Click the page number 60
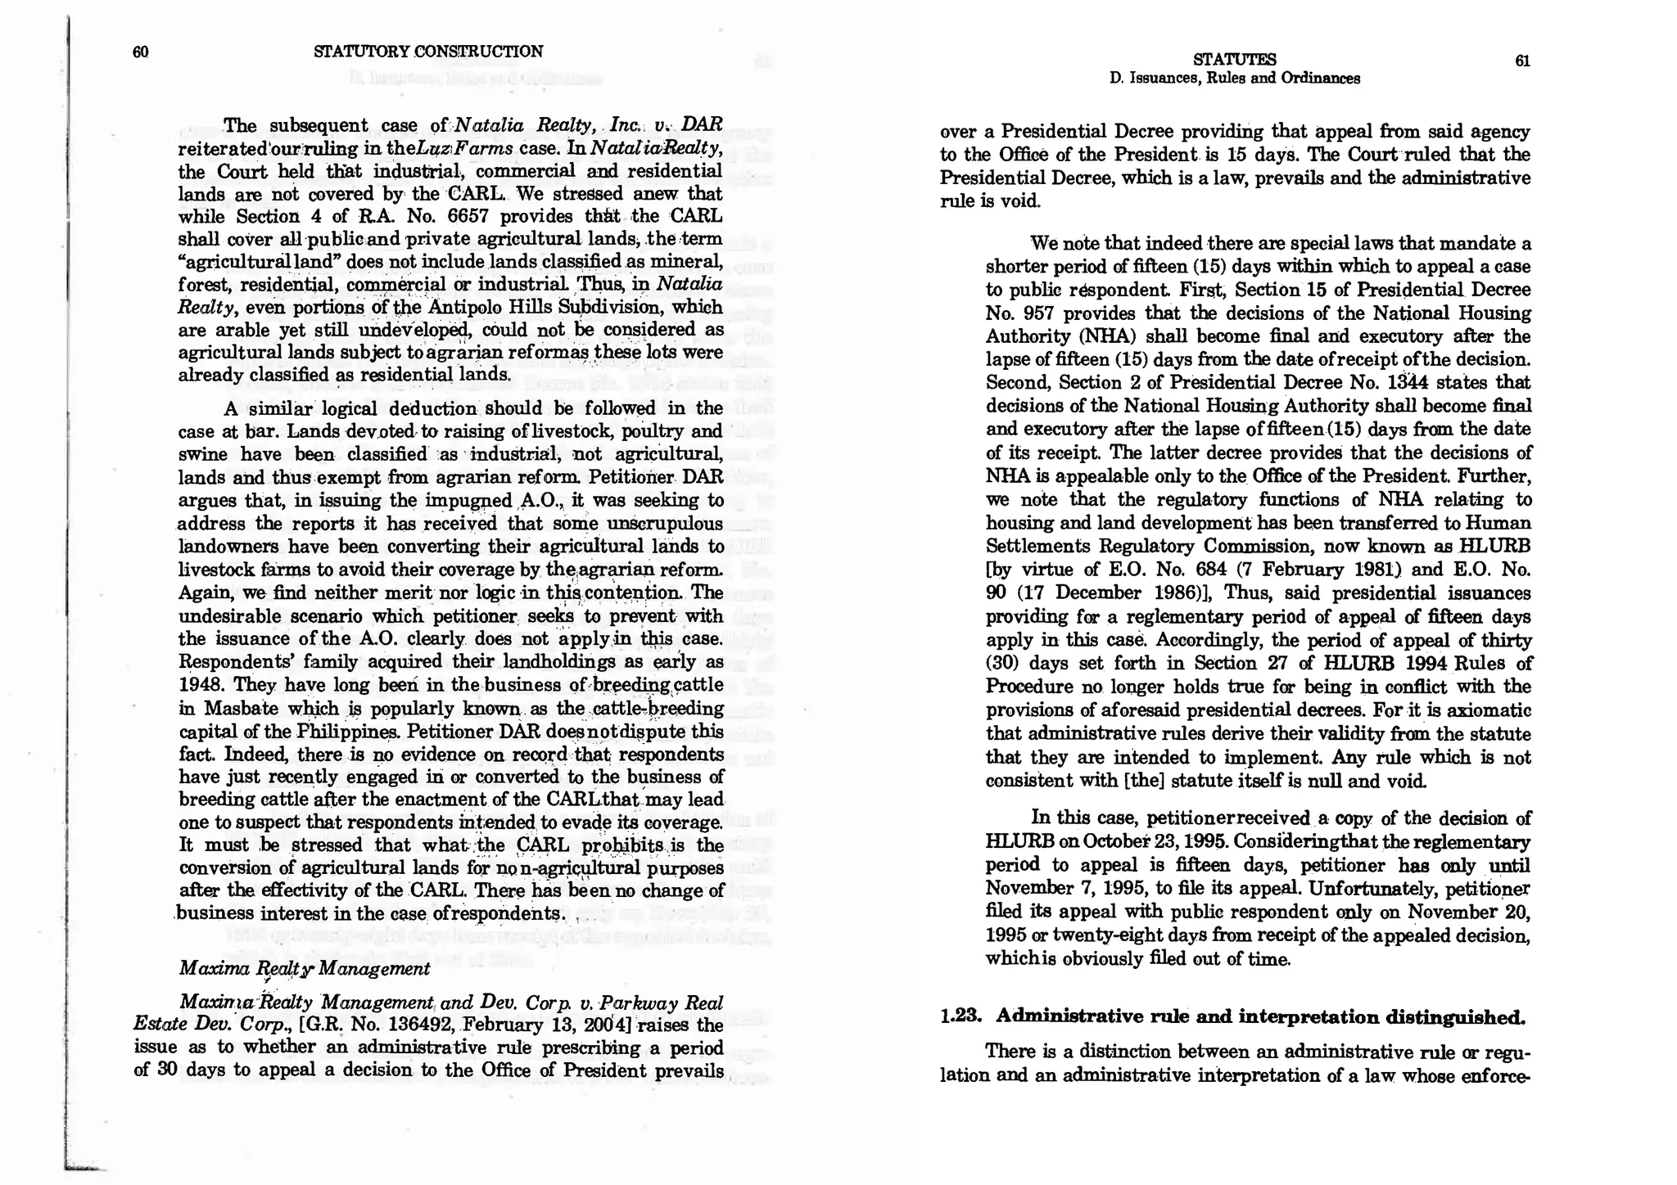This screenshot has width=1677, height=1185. [140, 52]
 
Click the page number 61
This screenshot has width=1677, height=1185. [1522, 61]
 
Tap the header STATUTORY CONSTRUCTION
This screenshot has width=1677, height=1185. [427, 52]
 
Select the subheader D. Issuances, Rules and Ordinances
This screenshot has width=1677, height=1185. [1234, 79]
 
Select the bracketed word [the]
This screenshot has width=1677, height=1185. [1146, 781]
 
